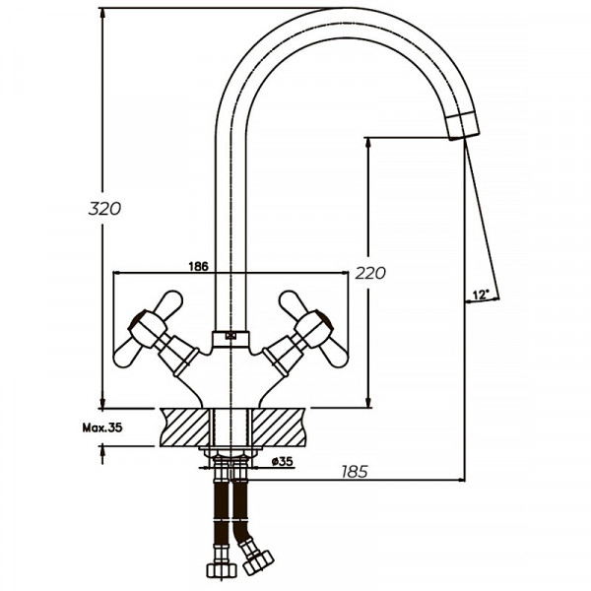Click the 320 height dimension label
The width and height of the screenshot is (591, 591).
tap(104, 208)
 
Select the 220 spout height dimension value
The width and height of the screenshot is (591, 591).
tap(371, 273)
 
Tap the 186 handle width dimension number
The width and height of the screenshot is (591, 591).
tap(197, 266)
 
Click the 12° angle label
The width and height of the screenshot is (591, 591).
tap(480, 295)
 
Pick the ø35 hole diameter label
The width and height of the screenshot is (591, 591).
tap(281, 461)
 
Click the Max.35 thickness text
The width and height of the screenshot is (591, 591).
tap(101, 428)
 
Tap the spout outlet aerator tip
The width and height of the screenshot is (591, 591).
tap(463, 126)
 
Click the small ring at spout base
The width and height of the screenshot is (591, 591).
tap(231, 335)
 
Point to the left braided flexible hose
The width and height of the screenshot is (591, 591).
tap(218, 512)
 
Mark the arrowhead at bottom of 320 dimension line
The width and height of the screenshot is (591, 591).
tap(101, 403)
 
